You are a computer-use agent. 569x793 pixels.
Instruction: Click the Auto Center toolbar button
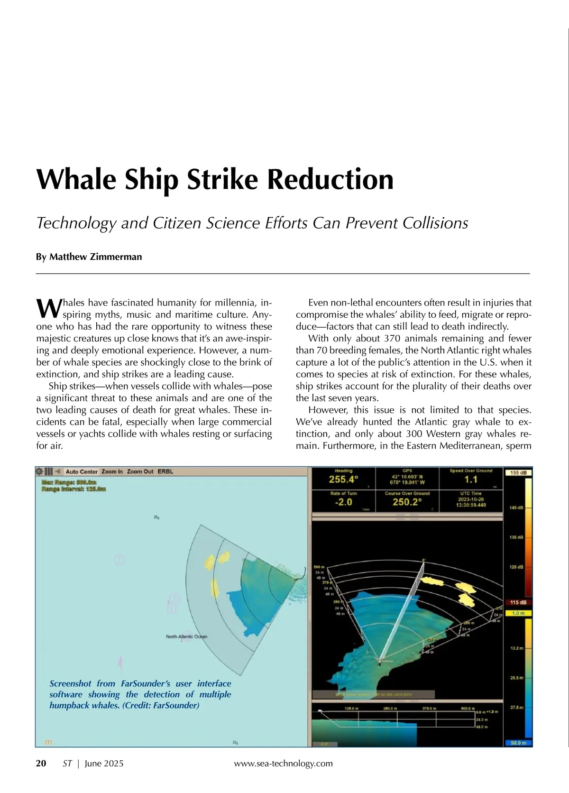click(82, 471)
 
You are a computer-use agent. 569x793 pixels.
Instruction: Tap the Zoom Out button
click(140, 471)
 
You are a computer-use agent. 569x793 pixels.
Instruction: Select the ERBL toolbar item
click(165, 471)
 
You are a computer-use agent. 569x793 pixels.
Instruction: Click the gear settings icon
click(39, 471)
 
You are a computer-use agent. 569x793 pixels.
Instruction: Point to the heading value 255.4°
click(343, 479)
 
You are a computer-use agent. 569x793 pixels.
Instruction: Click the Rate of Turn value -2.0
click(343, 502)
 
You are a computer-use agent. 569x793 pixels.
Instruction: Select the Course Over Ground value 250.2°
click(407, 502)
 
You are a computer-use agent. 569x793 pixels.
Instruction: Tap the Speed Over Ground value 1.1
click(470, 479)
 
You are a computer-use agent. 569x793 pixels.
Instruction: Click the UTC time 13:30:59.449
click(471, 505)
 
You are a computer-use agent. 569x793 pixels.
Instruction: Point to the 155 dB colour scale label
click(518, 473)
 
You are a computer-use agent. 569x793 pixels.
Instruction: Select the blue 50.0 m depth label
click(518, 743)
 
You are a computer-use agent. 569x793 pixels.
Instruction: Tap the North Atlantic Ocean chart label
click(186, 636)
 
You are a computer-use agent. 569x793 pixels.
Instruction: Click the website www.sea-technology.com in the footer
click(284, 763)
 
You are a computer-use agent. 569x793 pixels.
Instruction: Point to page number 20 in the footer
click(41, 763)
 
